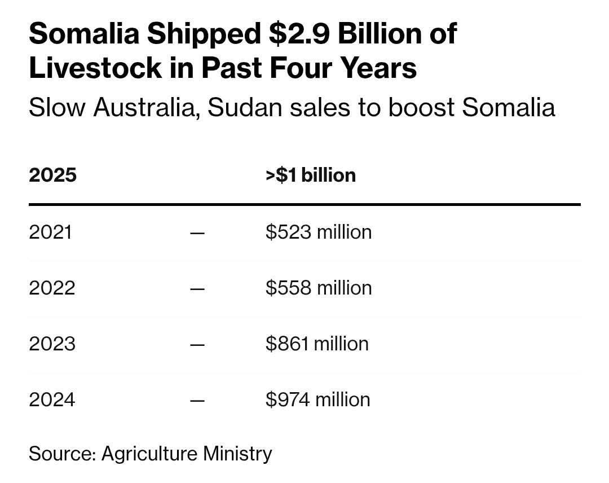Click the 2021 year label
point(50,232)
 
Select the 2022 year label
point(51,288)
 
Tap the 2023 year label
point(51,344)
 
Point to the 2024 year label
point(51,399)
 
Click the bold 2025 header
point(52,175)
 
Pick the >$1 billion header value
point(310,175)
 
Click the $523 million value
point(319,232)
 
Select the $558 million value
point(319,288)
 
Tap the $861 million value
point(317,344)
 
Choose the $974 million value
point(318,399)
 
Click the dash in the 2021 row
point(197,232)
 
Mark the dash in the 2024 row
point(197,400)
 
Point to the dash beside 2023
point(197,344)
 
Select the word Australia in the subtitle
point(142,107)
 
